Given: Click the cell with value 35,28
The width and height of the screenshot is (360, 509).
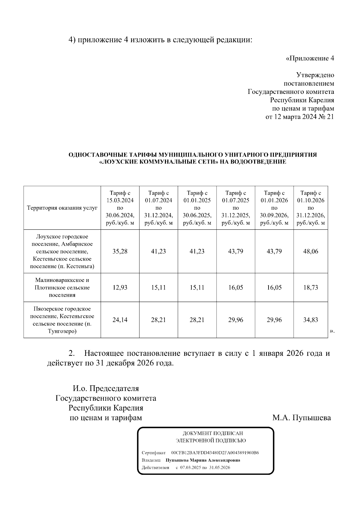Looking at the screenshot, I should coord(120,251).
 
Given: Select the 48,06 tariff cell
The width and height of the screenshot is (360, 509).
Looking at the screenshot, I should coord(310,251).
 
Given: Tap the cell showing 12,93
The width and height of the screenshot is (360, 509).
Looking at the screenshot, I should coord(120,287).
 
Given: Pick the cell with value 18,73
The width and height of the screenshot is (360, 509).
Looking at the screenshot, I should coord(310,287).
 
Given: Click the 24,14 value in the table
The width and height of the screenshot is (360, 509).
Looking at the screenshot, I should coord(120,320).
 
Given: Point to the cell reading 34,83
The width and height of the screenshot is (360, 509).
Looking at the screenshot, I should coord(310,320).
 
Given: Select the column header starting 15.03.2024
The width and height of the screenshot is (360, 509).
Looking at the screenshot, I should coord(120,208).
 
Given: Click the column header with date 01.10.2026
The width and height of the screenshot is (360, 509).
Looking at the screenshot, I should coord(310,208).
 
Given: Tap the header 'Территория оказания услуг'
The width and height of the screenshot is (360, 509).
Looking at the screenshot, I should coord(62,208).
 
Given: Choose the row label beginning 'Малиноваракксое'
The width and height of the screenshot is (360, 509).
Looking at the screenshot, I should coord(62,287).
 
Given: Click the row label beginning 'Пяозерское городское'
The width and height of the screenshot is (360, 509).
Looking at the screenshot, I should coord(62,320).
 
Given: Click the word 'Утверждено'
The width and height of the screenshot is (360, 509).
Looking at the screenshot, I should coord(315,75).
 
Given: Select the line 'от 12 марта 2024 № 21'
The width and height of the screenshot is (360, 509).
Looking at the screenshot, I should coord(299,117).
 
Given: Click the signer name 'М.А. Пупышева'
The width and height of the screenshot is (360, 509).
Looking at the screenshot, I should coord(301,418).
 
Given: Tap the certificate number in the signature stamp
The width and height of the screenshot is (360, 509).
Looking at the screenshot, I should coord(215,453).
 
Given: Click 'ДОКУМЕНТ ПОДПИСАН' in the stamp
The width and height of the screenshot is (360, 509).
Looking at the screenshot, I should coord(213,433).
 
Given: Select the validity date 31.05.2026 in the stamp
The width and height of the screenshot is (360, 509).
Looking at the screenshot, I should coord(220,467).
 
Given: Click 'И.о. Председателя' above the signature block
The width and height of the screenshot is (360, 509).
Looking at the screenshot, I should coord(106,388).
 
